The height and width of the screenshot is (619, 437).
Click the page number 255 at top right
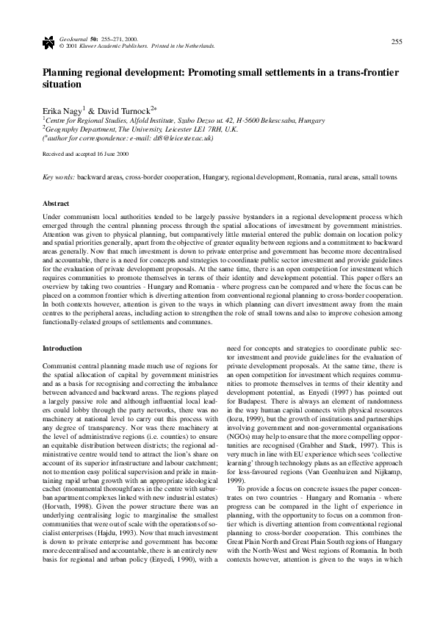click(x=396, y=40)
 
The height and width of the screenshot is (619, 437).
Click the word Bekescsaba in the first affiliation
click(x=272, y=118)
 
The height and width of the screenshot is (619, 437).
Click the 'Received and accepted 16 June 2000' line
click(x=86, y=154)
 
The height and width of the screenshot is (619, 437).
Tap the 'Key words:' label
click(x=59, y=178)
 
